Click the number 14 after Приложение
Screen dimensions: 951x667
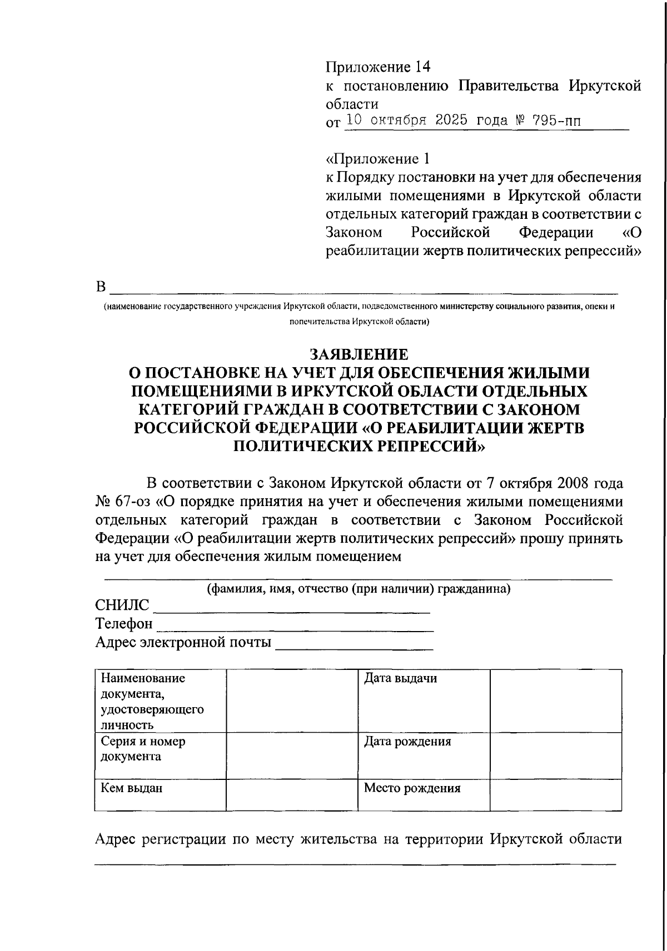(x=422, y=68)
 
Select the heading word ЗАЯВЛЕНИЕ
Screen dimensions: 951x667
(x=359, y=354)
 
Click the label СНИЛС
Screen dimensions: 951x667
(x=122, y=605)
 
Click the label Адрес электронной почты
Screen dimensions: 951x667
(x=183, y=643)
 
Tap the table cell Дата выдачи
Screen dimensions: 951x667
(x=400, y=678)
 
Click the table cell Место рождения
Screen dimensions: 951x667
(x=412, y=788)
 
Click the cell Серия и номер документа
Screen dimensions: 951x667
(x=143, y=749)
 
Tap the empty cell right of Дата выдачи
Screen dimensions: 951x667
(x=555, y=700)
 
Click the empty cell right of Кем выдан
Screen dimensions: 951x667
(x=291, y=795)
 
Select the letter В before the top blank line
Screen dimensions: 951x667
(x=101, y=287)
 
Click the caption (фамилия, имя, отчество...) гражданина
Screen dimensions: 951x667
(x=359, y=589)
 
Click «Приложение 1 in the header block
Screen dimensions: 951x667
(x=377, y=159)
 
